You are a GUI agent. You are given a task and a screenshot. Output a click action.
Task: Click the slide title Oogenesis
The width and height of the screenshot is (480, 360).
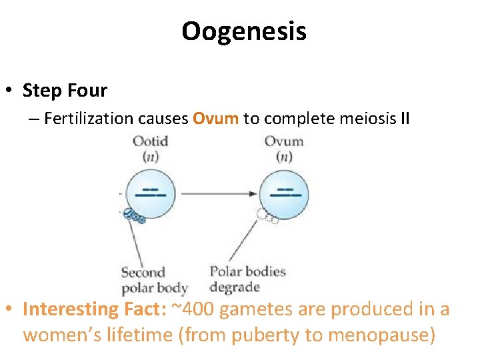(243, 31)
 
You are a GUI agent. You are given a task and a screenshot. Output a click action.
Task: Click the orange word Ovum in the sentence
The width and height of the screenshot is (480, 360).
(215, 119)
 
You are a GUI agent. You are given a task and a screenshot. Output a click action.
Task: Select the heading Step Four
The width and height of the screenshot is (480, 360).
(65, 89)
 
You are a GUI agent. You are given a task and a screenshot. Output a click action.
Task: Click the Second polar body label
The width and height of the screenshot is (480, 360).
(153, 280)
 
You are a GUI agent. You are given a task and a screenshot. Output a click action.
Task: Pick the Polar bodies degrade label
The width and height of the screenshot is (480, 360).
(247, 279)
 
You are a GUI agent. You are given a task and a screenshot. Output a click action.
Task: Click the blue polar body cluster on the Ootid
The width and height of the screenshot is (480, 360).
(134, 216)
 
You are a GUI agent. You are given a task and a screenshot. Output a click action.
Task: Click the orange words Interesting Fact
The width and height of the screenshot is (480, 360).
(93, 309)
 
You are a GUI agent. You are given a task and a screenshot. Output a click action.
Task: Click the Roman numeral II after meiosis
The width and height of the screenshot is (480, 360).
(404, 119)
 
